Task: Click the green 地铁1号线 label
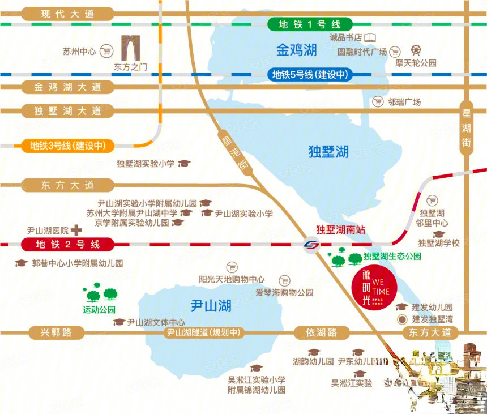point(309,24)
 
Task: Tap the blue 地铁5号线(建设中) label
point(309,74)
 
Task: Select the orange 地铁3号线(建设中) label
point(67,146)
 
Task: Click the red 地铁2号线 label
point(67,245)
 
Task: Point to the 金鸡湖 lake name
point(296,50)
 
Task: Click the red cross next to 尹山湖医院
point(76,231)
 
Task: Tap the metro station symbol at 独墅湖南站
point(310,245)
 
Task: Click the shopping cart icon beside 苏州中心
point(105,52)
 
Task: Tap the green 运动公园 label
point(99,310)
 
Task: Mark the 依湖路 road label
point(321,333)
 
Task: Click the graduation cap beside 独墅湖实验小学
point(184,164)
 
